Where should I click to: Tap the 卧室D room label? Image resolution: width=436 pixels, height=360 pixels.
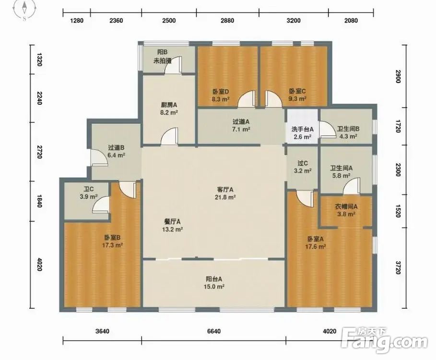tap(221, 91)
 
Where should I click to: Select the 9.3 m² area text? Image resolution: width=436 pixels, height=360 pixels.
tap(297, 98)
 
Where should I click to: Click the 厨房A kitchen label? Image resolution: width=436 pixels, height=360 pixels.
tap(169, 105)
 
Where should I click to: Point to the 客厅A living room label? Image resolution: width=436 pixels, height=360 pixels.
tap(225, 190)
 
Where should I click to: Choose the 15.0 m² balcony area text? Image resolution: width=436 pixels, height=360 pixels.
tap(214, 287)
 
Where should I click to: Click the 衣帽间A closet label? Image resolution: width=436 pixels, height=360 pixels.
tap(346, 206)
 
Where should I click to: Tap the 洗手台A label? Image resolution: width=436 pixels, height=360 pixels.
tap(303, 130)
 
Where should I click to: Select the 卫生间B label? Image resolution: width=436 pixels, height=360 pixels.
tap(348, 129)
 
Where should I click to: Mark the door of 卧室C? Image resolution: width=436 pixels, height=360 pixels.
tap(274, 98)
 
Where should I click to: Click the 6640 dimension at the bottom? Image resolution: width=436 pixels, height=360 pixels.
tap(214, 331)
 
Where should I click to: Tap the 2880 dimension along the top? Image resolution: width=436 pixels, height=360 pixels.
tap(227, 20)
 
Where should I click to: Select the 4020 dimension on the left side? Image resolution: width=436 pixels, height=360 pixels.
tap(39, 264)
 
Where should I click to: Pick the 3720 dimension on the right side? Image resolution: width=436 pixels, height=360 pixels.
tap(398, 268)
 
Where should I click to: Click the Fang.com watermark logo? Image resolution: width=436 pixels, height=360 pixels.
tap(384, 340)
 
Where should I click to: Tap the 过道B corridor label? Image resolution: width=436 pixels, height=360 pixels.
tap(116, 148)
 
